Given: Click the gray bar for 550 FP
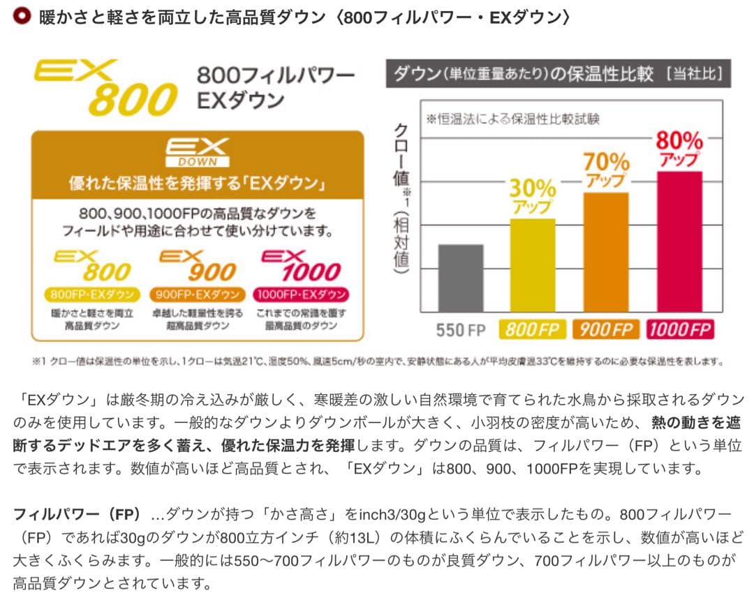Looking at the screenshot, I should [461, 278].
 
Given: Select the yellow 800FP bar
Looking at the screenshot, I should [533, 265].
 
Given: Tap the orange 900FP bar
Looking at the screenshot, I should [605, 252].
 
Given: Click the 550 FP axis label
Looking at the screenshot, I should [461, 329].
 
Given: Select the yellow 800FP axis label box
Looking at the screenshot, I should [533, 329].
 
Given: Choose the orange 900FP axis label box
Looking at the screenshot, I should [605, 329].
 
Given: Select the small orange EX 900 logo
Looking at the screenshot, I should [198, 267].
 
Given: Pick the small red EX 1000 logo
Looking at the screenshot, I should [301, 267].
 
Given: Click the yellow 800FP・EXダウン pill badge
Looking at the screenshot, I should [92, 294].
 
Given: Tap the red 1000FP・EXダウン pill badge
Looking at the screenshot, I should [301, 294].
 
